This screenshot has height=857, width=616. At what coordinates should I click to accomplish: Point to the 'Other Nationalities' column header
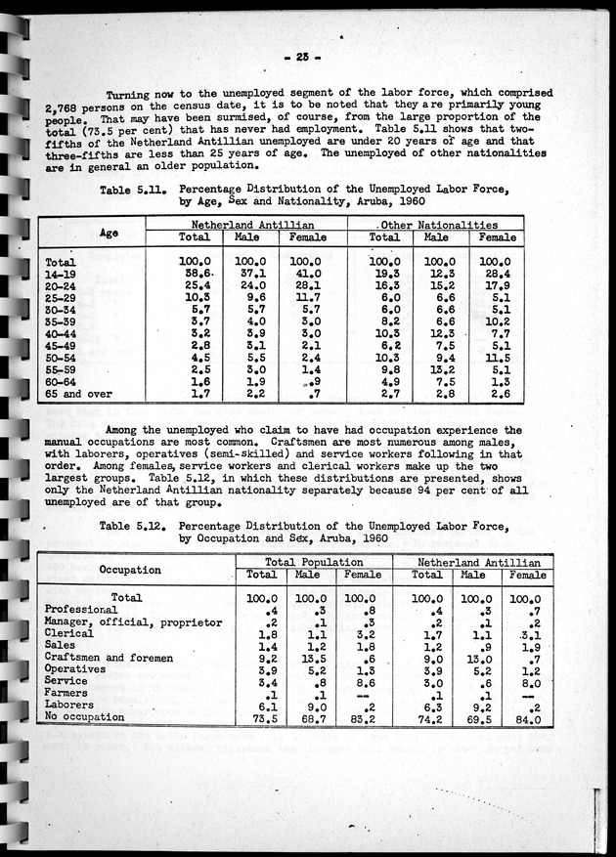point(436,225)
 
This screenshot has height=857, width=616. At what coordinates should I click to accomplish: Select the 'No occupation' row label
point(85,717)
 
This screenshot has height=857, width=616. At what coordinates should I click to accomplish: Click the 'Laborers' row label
point(72,706)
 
